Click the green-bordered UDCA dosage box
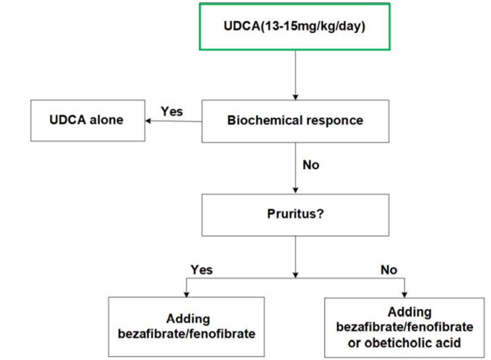coord(294,27)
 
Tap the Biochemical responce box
coord(295,120)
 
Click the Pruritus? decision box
coord(295,214)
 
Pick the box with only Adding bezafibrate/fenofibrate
coord(186,326)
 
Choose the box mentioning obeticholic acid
coord(404,327)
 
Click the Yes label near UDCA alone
coord(171,111)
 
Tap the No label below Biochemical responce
coord(311,165)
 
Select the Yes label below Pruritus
coord(202,270)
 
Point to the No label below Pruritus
coord(389,270)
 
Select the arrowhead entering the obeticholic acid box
coord(405,293)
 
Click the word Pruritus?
coord(295,214)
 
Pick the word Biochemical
coord(263,120)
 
